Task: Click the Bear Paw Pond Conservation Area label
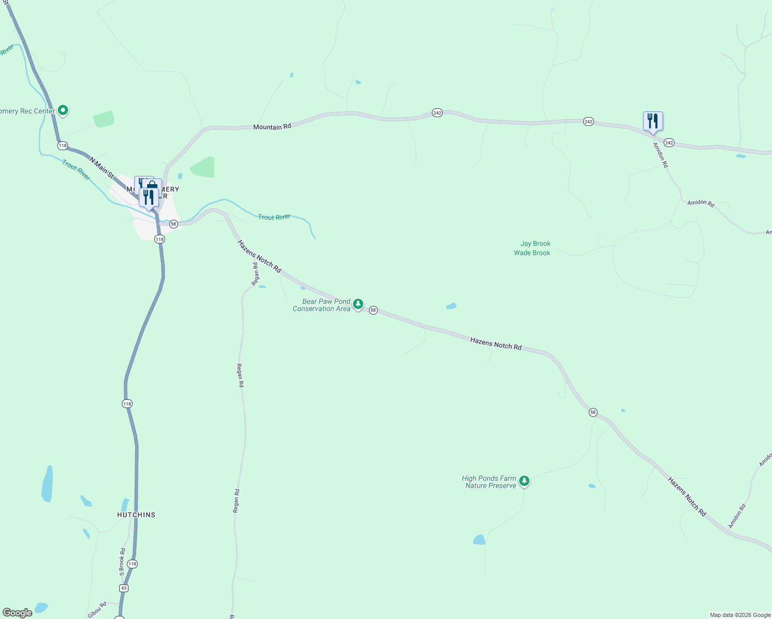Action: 321,305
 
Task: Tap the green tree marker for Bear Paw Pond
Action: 358,304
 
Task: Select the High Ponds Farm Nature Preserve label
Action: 489,482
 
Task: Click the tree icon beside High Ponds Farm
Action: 524,481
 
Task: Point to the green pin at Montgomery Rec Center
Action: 63,110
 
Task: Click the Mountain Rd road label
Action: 272,126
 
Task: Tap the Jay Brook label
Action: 535,243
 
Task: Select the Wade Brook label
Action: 532,253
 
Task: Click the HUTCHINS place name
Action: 136,515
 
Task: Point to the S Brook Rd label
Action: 122,562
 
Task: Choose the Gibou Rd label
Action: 97,610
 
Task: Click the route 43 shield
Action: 123,588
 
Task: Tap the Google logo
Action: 18,613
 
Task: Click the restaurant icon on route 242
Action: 653,121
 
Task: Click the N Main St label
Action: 101,168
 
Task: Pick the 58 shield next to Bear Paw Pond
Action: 373,311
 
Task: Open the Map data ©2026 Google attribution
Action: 740,615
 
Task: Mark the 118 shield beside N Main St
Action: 62,145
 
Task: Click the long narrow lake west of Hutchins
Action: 47,484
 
